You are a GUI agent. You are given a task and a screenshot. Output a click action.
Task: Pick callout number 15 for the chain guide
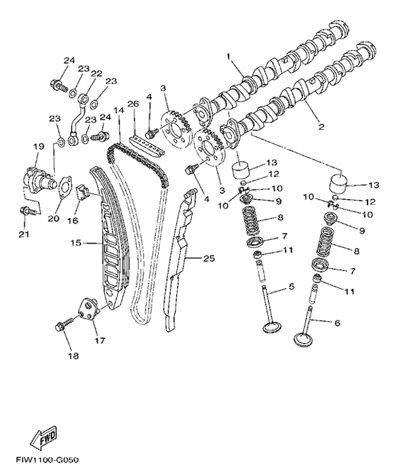coord(76,241)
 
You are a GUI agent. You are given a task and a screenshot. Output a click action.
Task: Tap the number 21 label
coord(24,235)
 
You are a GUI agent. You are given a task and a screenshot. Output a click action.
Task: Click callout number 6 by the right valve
coord(336,323)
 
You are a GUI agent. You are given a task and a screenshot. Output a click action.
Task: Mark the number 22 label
coord(96,74)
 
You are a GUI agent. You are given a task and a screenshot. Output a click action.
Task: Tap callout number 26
coord(133,103)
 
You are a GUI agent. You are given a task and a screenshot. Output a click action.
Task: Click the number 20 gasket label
coord(54,218)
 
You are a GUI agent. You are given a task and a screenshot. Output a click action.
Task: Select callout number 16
coord(71,221)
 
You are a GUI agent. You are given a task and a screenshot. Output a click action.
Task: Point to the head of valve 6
coord(305,338)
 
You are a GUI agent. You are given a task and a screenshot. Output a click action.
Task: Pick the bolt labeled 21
coord(26,211)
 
